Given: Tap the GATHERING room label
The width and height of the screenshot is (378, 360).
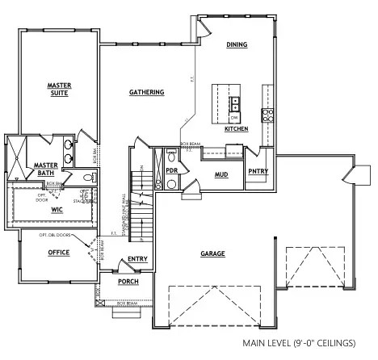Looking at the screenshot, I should click(146, 92).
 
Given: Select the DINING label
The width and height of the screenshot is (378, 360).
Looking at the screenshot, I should click(237, 44).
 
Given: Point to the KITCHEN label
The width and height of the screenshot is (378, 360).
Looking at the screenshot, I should click(237, 129).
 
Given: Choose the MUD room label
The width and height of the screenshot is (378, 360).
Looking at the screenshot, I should click(220, 174).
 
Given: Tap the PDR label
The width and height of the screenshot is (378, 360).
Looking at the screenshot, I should click(171, 170).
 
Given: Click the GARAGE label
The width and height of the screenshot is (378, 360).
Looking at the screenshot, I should click(212, 253).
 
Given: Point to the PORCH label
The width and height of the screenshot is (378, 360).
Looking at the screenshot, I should click(128, 282).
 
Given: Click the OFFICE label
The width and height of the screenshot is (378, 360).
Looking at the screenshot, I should click(58, 253).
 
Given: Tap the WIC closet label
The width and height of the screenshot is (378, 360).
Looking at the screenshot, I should click(57, 210).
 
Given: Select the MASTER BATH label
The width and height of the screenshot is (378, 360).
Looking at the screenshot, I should click(44, 168).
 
